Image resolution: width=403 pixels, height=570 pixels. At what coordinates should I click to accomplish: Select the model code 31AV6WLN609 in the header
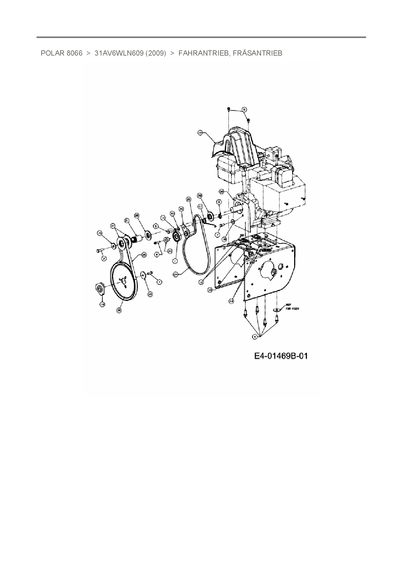(119, 53)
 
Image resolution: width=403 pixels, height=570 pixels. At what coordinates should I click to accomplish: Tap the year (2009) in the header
(156, 53)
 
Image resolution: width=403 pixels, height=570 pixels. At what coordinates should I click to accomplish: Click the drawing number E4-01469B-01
(281, 356)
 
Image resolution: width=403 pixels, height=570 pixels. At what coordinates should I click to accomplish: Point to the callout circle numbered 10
(200, 133)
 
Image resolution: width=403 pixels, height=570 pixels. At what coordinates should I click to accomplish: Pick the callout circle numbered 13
(210, 289)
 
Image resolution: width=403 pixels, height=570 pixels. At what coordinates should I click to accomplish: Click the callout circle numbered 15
(100, 233)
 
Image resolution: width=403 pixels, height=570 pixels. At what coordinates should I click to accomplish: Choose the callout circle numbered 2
(104, 258)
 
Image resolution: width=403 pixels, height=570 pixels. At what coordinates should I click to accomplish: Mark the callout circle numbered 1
(175, 261)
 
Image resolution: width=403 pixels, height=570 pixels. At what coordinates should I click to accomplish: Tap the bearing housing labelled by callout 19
(100, 288)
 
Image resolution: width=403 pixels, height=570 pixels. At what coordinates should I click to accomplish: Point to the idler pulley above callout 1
(177, 236)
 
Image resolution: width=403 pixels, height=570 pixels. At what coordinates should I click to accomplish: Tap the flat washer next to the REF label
(277, 310)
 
